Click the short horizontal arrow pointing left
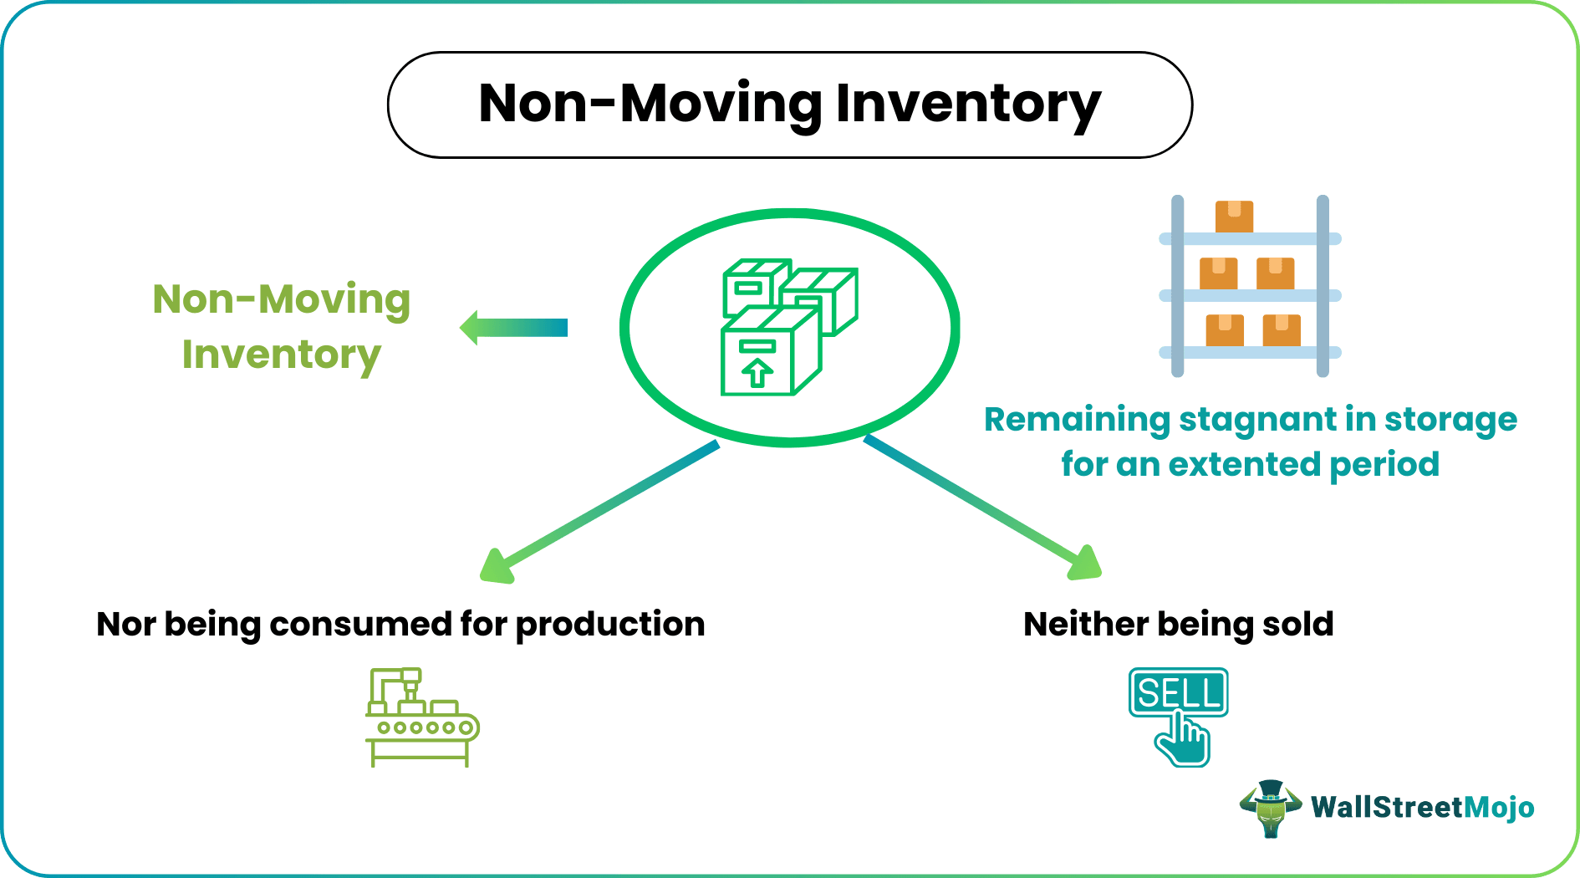[514, 328]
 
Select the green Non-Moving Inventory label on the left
[282, 327]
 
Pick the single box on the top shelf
[1234, 217]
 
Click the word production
[609, 625]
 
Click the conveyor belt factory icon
[421, 717]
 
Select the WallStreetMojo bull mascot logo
[1270, 808]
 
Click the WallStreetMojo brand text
[1422, 808]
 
